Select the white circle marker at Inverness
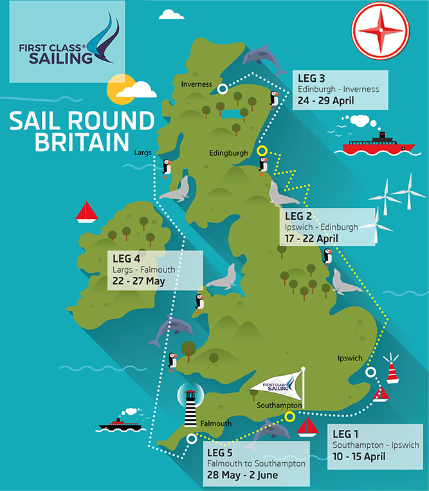222,89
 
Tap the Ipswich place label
351,358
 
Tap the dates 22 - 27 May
140,281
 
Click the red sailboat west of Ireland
86,212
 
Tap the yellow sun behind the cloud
122,89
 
